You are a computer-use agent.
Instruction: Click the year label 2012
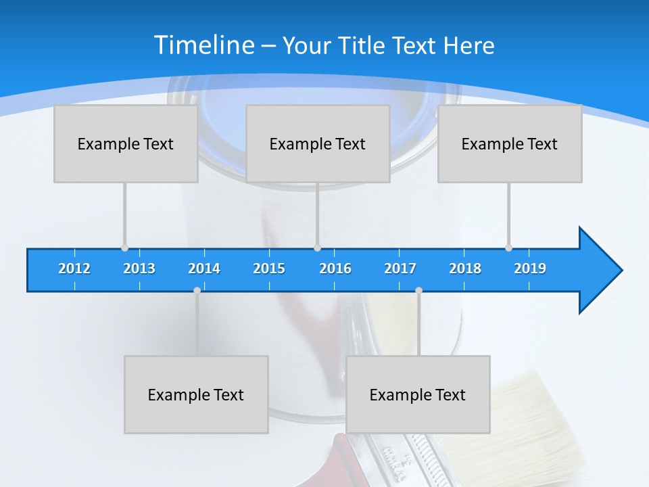point(74,269)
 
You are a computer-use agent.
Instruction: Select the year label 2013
point(139,269)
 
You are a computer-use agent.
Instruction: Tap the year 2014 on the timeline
point(204,269)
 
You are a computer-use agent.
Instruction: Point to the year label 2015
point(269,269)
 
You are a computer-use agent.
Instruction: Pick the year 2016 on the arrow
point(335,269)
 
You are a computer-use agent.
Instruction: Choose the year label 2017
point(400,269)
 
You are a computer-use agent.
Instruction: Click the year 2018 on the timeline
point(465,269)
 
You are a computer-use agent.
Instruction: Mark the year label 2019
point(530,269)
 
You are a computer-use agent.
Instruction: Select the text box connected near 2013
point(126,144)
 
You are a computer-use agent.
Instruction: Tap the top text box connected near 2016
point(318,144)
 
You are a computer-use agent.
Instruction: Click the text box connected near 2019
point(510,144)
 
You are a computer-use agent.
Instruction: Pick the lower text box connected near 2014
point(196,395)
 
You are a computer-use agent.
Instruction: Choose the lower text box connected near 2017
point(418,395)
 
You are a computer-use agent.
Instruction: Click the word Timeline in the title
point(203,45)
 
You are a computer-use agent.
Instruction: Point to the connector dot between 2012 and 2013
point(124,248)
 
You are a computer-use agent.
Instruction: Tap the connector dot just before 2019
point(508,248)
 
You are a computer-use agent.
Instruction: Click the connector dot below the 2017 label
point(418,291)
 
